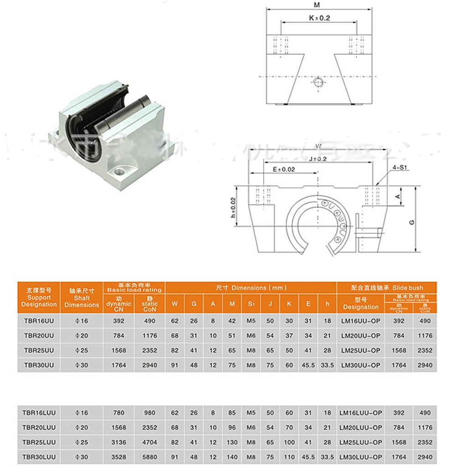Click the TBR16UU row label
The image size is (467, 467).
point(38,321)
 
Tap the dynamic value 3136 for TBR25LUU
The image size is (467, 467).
point(119,442)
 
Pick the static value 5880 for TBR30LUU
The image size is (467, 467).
point(150,457)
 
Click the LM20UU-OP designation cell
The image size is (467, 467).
point(360,336)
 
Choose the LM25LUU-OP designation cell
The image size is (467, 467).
point(360,442)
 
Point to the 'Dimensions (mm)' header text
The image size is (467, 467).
point(250,288)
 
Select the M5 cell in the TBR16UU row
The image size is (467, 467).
point(251,321)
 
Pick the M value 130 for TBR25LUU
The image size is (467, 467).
point(232,442)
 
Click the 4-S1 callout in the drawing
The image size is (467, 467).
point(399,168)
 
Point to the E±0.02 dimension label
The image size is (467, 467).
point(283,169)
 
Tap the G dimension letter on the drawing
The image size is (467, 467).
point(412,222)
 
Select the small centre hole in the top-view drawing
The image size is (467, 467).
point(318,82)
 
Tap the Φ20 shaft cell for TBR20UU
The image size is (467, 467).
point(82,336)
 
